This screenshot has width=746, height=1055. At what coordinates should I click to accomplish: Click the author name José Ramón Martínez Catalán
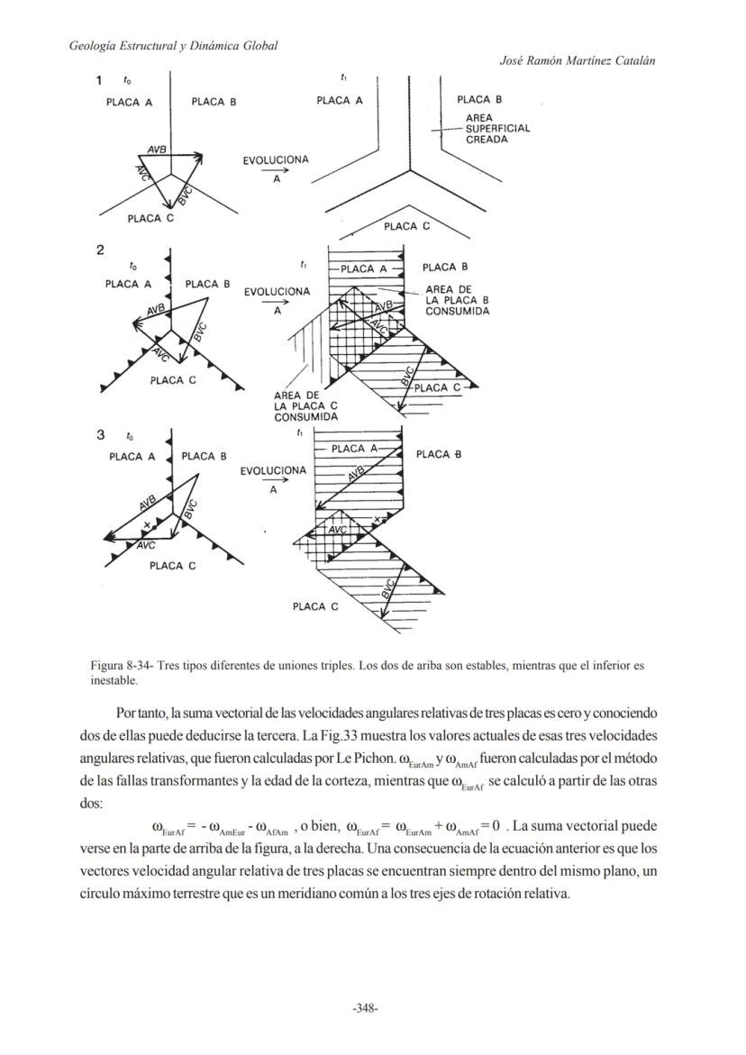tap(577, 60)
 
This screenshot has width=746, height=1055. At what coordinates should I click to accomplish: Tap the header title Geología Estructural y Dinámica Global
tap(173, 45)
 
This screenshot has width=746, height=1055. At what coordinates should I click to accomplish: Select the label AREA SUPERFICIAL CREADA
tap(497, 129)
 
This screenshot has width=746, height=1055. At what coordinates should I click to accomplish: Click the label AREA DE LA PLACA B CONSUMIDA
tap(457, 300)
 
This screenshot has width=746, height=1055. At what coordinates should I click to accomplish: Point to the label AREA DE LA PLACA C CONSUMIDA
tap(305, 406)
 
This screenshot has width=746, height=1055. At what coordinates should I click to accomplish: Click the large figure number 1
tap(99, 81)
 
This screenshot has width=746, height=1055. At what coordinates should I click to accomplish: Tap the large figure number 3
tap(100, 435)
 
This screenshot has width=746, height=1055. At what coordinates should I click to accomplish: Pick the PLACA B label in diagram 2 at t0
tap(207, 284)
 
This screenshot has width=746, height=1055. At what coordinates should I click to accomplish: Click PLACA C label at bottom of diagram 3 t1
tap(315, 606)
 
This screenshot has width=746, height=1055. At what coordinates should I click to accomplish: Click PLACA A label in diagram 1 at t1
tap(339, 101)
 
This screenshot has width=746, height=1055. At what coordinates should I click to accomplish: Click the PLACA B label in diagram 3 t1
tap(439, 454)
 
